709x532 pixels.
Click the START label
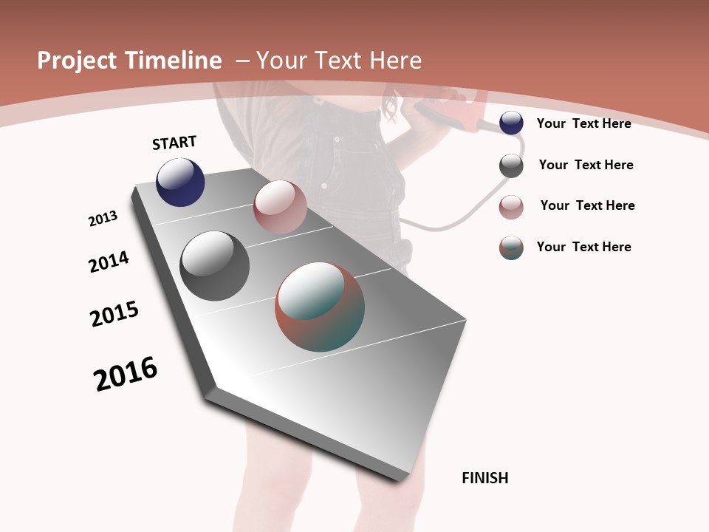click(174, 143)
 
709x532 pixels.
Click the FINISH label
click(485, 478)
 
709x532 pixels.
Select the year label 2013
click(103, 219)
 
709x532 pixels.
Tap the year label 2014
click(109, 262)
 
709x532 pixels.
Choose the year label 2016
click(126, 375)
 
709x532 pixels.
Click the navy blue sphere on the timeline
click(180, 182)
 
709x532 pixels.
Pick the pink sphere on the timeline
click(280, 207)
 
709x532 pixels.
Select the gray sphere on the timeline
click(214, 265)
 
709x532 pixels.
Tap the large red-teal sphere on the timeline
click(320, 306)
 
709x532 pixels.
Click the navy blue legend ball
click(511, 123)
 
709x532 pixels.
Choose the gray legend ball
click(511, 166)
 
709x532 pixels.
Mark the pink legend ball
click(511, 207)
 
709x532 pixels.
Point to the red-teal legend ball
click(511, 248)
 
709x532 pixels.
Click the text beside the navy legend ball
click(583, 123)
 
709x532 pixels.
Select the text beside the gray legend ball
click(586, 165)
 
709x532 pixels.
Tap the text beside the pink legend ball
click(587, 205)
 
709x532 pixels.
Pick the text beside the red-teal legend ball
click(583, 247)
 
